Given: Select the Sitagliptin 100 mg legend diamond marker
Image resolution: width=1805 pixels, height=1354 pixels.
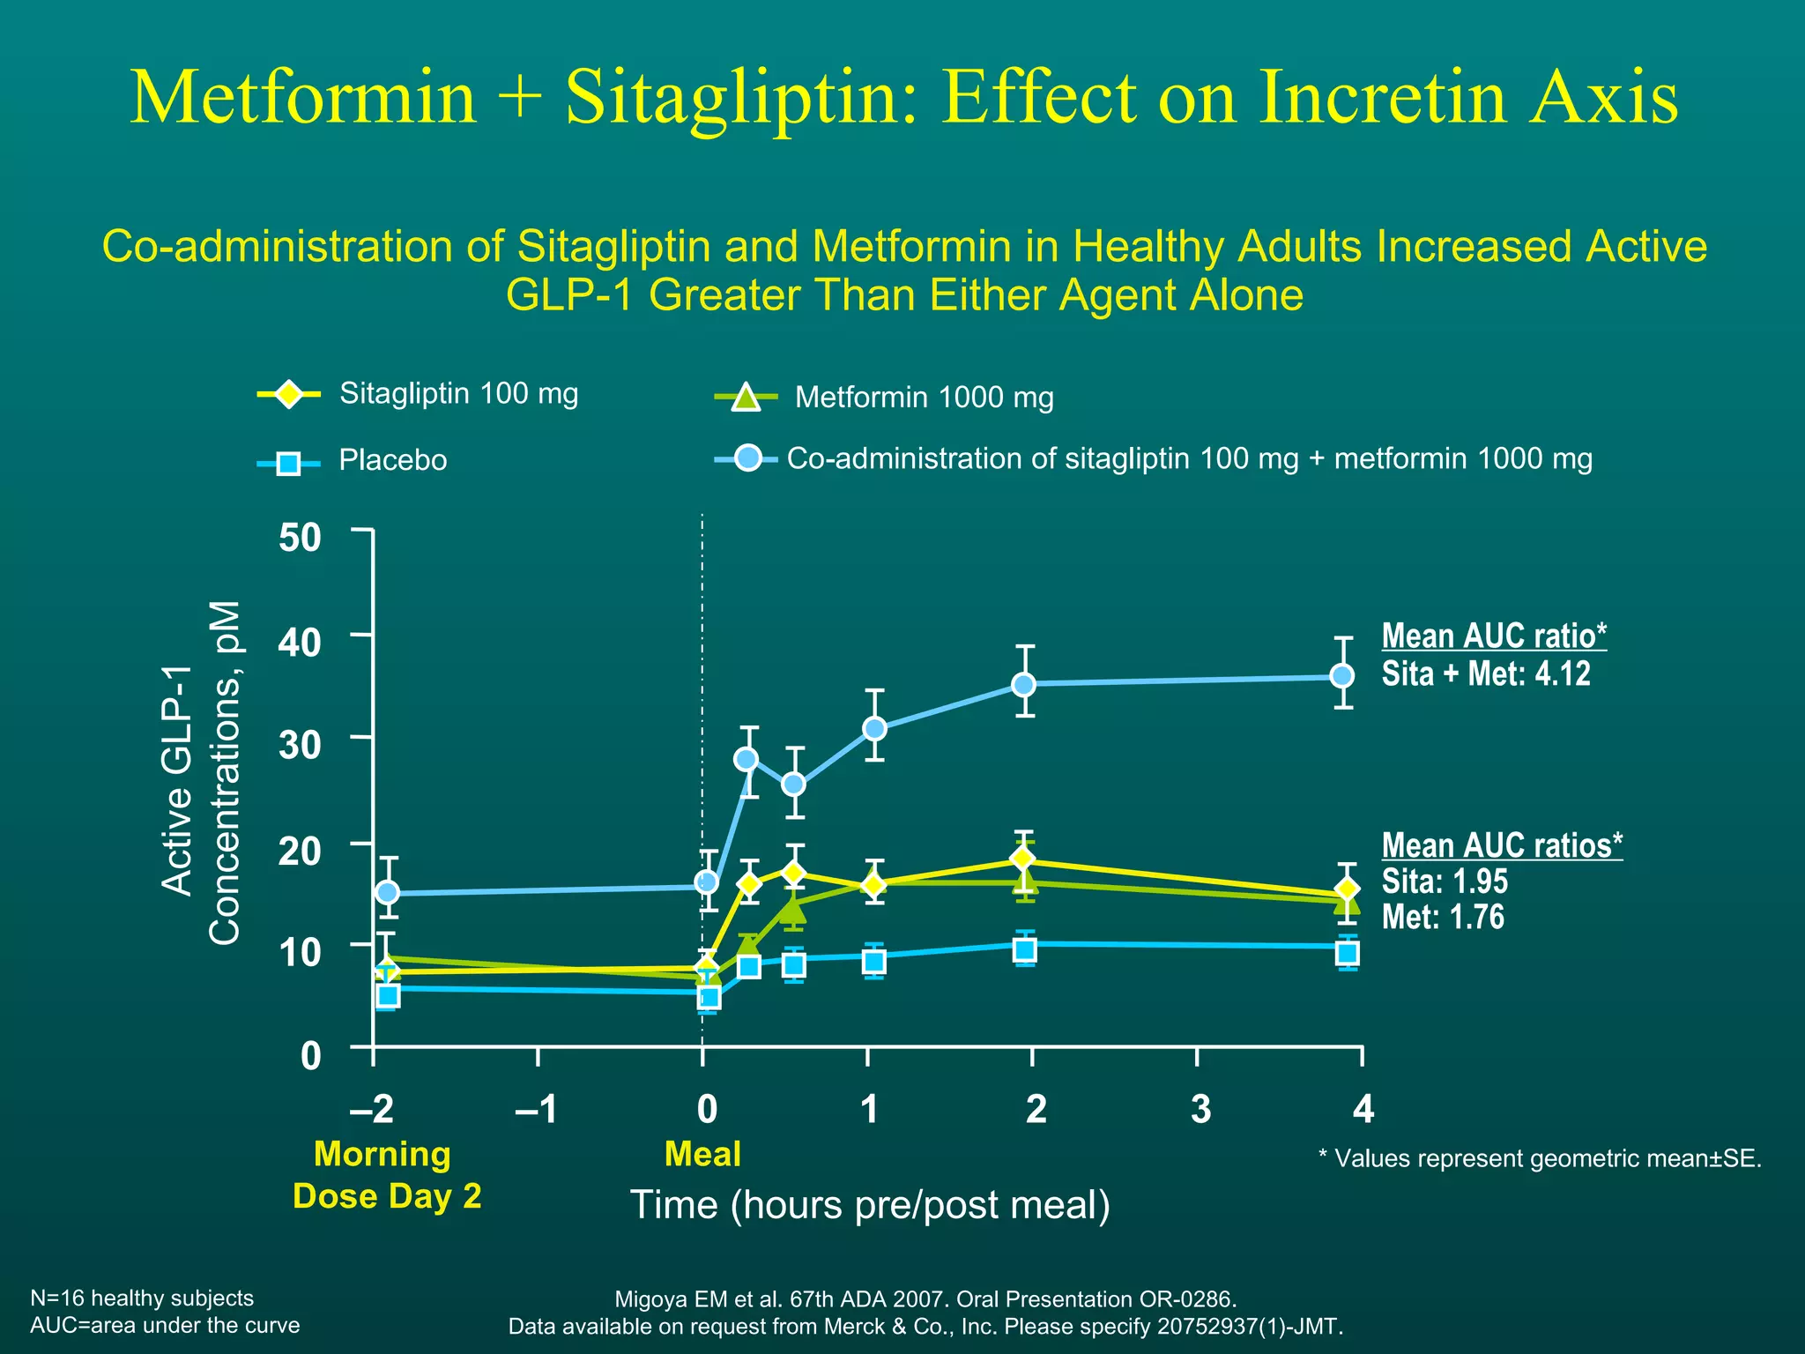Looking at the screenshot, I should click(x=288, y=394).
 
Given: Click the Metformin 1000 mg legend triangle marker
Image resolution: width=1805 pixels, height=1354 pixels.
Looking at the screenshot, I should click(x=746, y=398).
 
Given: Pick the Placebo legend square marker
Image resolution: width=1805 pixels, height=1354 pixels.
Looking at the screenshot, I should click(x=288, y=463).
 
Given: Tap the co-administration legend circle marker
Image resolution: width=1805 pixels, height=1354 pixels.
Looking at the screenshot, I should click(x=747, y=458).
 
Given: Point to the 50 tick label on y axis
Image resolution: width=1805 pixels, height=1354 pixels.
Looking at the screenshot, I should click(x=300, y=537).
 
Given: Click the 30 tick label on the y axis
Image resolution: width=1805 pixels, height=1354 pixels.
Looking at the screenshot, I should click(x=300, y=745).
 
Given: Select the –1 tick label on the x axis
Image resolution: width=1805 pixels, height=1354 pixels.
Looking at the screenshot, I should click(x=536, y=1109).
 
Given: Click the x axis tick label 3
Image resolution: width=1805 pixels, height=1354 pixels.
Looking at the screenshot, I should click(x=1200, y=1109).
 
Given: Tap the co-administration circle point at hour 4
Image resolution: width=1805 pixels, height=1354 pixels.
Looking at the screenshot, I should click(x=1342, y=676).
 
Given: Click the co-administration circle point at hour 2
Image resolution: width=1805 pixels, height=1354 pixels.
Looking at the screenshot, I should click(x=1023, y=684).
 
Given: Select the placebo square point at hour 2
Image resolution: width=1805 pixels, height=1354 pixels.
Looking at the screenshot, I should click(x=1024, y=950).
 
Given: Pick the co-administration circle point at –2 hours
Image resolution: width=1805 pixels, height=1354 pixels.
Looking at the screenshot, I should click(x=388, y=892).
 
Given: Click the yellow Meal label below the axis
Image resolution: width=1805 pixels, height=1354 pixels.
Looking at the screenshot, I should click(x=702, y=1154).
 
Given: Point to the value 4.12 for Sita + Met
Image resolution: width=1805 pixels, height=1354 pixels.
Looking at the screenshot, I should click(x=1563, y=674).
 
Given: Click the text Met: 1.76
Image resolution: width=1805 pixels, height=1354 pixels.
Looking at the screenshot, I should click(x=1443, y=917).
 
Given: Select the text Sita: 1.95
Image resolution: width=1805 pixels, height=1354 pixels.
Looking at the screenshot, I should click(x=1445, y=882).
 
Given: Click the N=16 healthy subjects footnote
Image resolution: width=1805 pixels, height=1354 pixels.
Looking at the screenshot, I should click(x=142, y=1298).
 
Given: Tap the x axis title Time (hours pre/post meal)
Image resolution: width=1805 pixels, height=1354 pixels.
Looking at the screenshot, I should click(x=870, y=1205).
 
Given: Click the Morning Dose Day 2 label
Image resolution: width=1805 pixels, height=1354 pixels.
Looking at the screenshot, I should click(x=386, y=1175).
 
